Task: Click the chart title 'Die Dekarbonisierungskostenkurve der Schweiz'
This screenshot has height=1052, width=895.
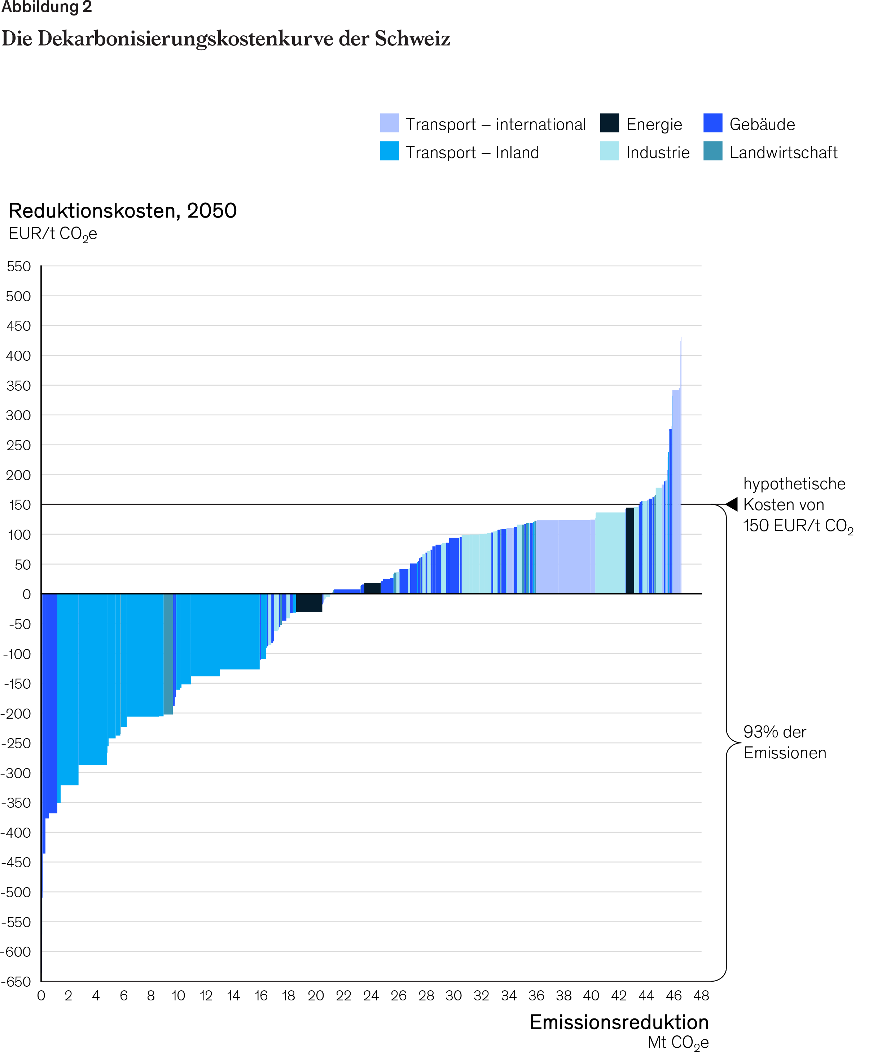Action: point(226,39)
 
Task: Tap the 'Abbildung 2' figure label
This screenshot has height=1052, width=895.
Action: point(47,8)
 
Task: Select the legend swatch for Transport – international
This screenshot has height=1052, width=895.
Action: point(389,123)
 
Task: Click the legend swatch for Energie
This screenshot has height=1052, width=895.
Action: point(609,123)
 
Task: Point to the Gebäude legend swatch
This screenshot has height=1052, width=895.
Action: point(712,123)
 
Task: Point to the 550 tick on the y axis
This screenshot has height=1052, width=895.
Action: point(19,266)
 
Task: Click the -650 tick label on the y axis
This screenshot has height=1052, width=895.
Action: point(16,981)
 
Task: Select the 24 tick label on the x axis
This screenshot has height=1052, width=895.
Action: point(371,996)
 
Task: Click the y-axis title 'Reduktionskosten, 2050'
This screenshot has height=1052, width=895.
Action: point(123,211)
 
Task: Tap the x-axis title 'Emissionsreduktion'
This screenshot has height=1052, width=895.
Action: point(619,1022)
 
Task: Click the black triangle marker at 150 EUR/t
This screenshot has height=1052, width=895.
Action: point(732,504)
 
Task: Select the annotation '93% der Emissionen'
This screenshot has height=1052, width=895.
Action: point(784,742)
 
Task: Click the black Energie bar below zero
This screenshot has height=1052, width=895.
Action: point(309,603)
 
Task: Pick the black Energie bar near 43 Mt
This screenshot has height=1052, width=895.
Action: point(629,551)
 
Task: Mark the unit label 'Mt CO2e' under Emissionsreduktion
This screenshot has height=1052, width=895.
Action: point(678,1042)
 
